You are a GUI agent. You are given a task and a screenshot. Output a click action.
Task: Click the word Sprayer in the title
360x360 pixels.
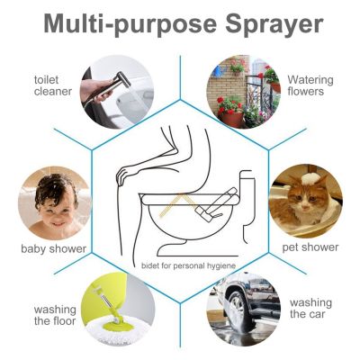[270, 24]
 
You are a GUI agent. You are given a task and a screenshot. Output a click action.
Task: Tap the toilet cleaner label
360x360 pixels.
[52, 85]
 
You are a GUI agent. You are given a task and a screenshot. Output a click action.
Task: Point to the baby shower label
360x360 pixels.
[53, 247]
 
